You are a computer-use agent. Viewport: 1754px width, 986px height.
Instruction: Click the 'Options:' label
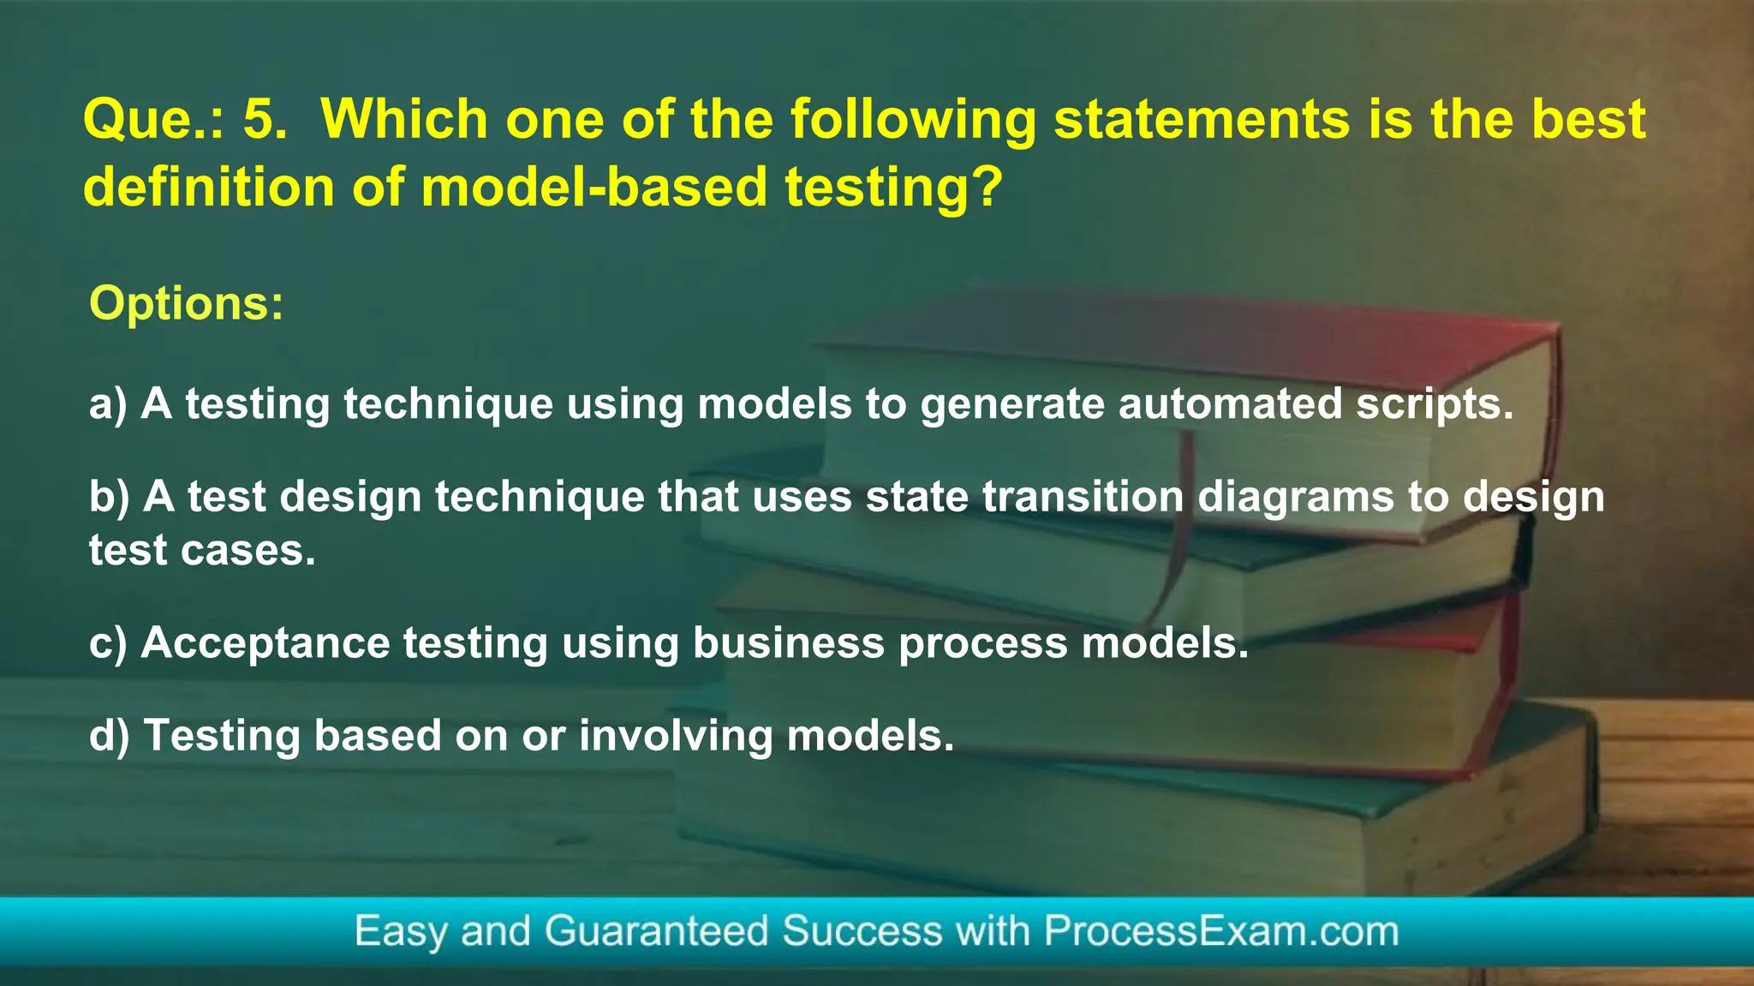(x=186, y=303)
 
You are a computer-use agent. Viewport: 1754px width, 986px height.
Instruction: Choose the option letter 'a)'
(x=108, y=404)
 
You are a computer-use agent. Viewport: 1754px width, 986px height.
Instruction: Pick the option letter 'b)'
(x=109, y=497)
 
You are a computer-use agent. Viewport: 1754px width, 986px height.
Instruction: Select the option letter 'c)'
(x=108, y=643)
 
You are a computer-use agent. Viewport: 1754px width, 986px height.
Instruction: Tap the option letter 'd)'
(x=109, y=736)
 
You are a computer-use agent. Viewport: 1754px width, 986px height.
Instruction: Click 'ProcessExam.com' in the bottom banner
(x=1220, y=931)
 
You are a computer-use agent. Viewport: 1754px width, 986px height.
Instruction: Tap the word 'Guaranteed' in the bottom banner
(x=656, y=931)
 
